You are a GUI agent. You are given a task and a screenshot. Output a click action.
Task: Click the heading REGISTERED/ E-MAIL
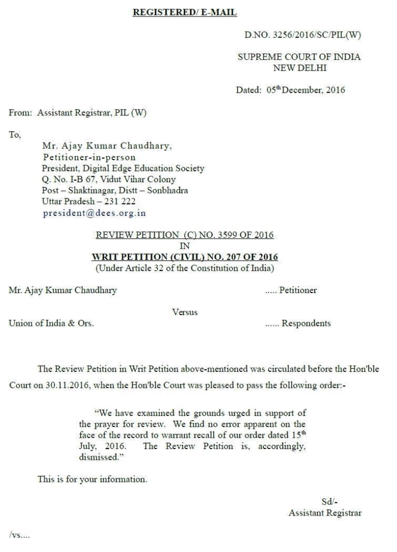185,12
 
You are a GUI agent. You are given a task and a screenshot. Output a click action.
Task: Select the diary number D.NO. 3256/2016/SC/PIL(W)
303,36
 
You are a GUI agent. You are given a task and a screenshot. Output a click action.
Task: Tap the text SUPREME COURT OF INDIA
299,57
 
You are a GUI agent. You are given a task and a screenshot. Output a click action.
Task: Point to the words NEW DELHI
299,68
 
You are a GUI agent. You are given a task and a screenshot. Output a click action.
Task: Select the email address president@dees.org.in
93,213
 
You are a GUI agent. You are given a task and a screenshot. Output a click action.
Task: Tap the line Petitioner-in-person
89,157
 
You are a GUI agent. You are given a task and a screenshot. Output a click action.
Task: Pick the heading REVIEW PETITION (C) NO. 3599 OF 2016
185,235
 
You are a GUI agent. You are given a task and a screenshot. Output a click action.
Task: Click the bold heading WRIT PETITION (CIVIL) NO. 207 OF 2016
185,257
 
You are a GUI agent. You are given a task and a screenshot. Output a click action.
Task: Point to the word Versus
185,312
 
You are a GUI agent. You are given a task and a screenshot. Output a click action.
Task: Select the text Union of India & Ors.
52,323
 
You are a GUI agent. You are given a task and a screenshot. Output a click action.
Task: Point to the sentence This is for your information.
92,479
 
